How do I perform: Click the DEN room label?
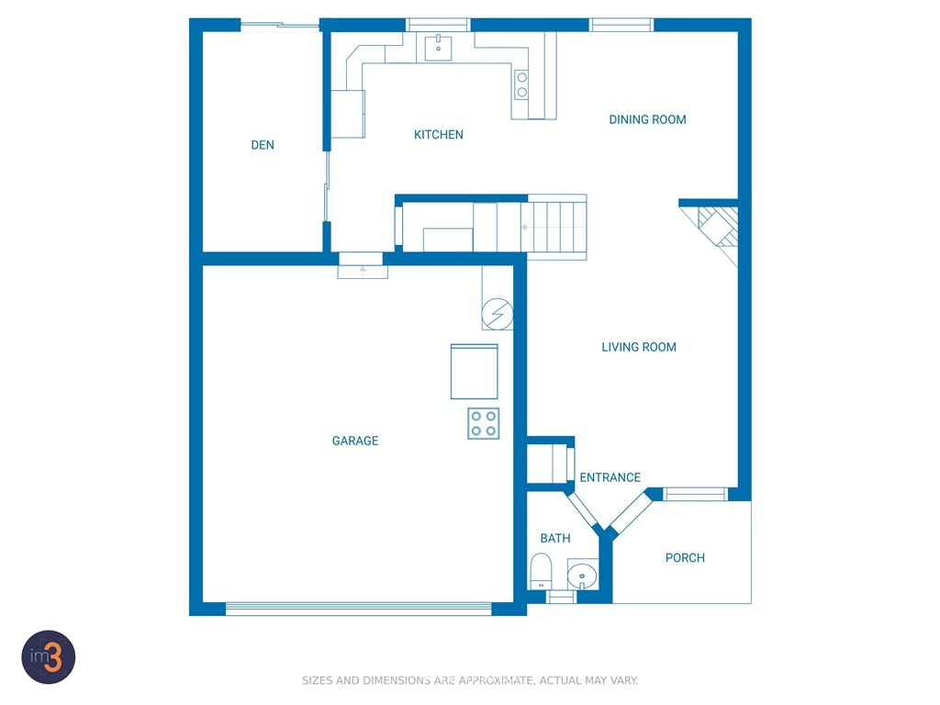[263, 145]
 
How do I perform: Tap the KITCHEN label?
[438, 135]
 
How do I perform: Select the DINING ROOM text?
[647, 120]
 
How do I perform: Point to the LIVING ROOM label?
[639, 347]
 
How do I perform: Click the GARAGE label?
[355, 442]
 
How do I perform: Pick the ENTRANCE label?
[610, 477]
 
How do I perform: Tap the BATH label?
[555, 538]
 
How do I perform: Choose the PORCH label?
[685, 558]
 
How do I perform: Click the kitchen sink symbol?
[438, 48]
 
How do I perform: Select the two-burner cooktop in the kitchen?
[521, 84]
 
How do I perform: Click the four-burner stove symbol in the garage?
[483, 423]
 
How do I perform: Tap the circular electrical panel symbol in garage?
[498, 314]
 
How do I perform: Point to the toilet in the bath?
[541, 571]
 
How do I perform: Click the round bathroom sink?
[582, 575]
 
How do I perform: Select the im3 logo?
[49, 657]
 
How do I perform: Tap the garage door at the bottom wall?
[359, 609]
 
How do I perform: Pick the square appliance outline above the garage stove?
[475, 371]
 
